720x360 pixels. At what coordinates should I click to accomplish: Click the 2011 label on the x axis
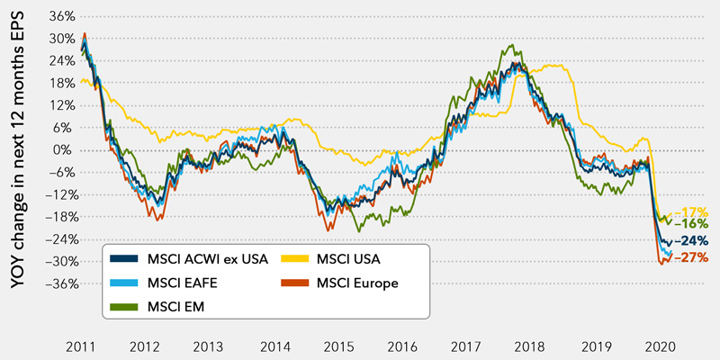82,346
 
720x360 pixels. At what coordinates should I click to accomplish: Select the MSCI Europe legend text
358,283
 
